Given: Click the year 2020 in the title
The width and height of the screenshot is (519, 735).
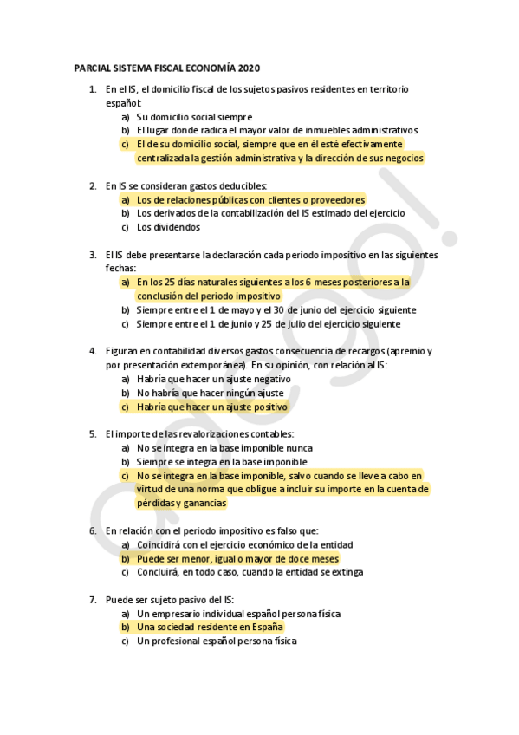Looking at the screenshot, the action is coord(248,68).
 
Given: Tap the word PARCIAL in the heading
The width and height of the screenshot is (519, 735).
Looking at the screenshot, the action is coord(92,68).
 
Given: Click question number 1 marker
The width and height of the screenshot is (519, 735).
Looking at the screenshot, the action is coord(93,89).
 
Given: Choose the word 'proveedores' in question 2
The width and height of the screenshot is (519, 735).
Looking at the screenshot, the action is coord(335,199).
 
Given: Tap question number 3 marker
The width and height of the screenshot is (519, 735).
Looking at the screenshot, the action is coord(93,255).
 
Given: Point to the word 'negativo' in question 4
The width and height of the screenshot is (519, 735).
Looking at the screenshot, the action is coord(270,379).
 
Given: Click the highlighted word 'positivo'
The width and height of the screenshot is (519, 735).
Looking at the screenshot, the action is coord(266,406).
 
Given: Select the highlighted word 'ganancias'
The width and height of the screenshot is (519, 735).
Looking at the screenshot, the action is coord(204,503).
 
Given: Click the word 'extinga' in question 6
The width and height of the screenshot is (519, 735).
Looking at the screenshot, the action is coord(347,571).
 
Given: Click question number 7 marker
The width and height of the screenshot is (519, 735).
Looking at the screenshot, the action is coord(93,599).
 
